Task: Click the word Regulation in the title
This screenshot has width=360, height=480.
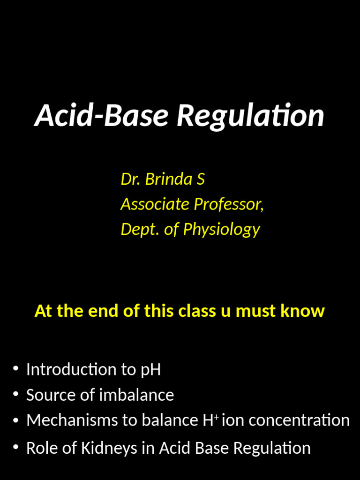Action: point(250,116)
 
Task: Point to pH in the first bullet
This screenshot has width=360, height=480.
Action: point(150,370)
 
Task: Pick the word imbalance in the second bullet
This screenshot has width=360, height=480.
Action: point(136,395)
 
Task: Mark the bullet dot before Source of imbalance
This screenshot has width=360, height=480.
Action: point(16,395)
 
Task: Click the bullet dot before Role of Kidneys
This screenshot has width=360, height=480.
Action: point(16,448)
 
